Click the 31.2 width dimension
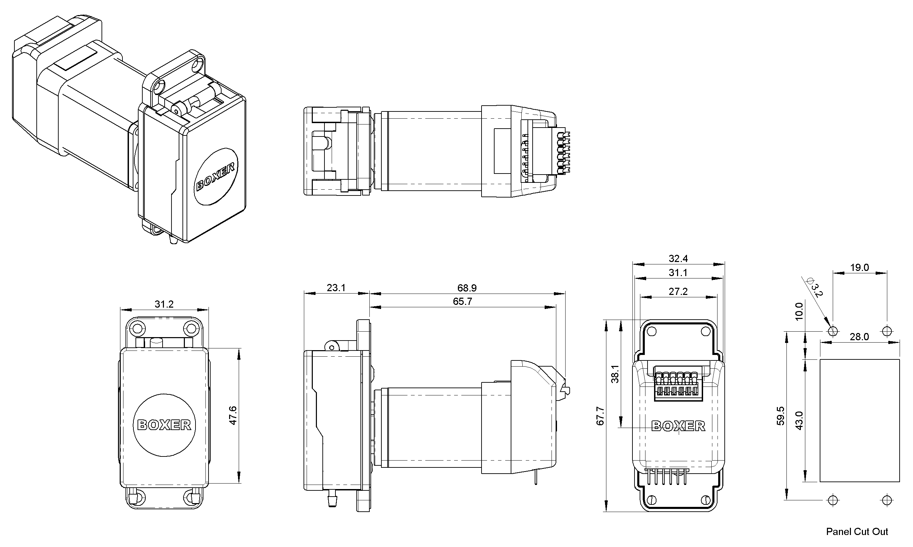pyautogui.click(x=164, y=304)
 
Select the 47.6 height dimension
pyautogui.click(x=233, y=416)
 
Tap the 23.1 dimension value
pyautogui.click(x=336, y=287)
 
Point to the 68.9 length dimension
pyautogui.click(x=467, y=287)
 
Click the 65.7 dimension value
pyautogui.click(x=462, y=301)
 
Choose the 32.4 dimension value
pyautogui.click(x=678, y=258)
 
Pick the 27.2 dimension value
pyautogui.click(x=678, y=292)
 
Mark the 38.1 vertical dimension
pyautogui.click(x=615, y=374)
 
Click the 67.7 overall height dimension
pyautogui.click(x=600, y=416)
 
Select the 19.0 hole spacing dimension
pyautogui.click(x=859, y=267)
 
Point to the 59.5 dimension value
pyautogui.click(x=780, y=416)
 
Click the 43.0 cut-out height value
pyautogui.click(x=799, y=420)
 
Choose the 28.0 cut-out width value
pyautogui.click(x=859, y=336)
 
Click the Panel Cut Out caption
pyautogui.click(x=857, y=532)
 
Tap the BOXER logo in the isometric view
pyautogui.click(x=216, y=177)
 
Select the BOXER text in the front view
pyautogui.click(x=164, y=425)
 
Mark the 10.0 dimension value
pyautogui.click(x=799, y=311)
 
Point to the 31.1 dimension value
pyautogui.click(x=678, y=272)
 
